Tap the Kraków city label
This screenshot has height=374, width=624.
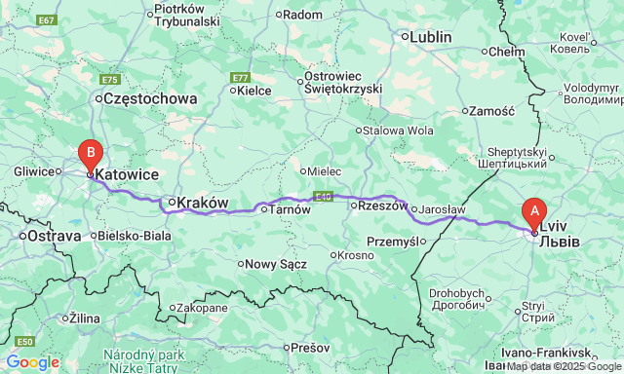[x=203, y=203]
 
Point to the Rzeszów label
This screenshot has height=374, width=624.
[x=381, y=206]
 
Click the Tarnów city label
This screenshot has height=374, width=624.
[x=289, y=209]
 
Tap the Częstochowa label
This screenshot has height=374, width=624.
[x=149, y=98]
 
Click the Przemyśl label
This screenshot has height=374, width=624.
[x=393, y=241]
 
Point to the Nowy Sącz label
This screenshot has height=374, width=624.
[x=276, y=263]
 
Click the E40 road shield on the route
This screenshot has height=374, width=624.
[x=324, y=196]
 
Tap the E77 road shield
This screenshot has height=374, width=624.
[x=241, y=77]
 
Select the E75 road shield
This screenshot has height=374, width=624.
[x=109, y=80]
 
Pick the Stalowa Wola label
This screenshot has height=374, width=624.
[x=399, y=130]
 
